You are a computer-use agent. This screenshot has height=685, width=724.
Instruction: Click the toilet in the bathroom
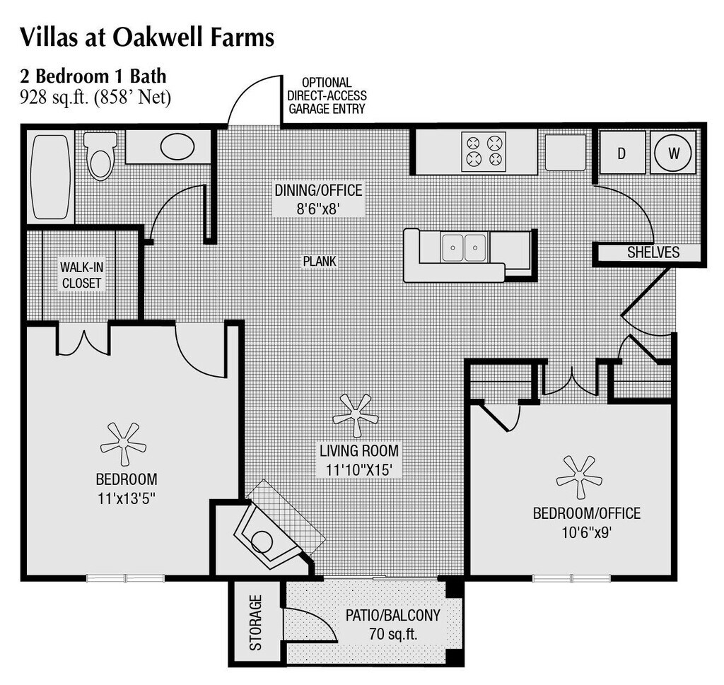click(100, 156)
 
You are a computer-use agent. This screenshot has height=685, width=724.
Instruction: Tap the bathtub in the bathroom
click(51, 177)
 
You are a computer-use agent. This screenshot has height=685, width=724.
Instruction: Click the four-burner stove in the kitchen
click(484, 151)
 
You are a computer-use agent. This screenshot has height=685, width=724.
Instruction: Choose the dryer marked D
click(621, 152)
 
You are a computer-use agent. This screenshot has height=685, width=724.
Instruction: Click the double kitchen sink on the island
click(464, 247)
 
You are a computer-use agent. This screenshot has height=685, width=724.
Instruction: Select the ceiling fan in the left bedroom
click(123, 443)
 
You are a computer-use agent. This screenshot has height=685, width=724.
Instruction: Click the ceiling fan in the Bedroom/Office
click(579, 476)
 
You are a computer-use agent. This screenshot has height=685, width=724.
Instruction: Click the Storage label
click(255, 622)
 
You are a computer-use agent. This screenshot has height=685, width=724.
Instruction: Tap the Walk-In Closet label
click(81, 275)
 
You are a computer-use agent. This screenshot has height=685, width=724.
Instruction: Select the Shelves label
click(653, 252)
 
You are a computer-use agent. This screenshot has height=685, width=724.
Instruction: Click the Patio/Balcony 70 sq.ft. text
click(392, 623)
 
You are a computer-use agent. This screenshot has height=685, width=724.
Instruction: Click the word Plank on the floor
click(320, 262)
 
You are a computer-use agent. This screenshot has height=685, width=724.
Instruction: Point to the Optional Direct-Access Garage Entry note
click(327, 95)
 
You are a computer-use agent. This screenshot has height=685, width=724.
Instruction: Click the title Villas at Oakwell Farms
click(147, 37)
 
